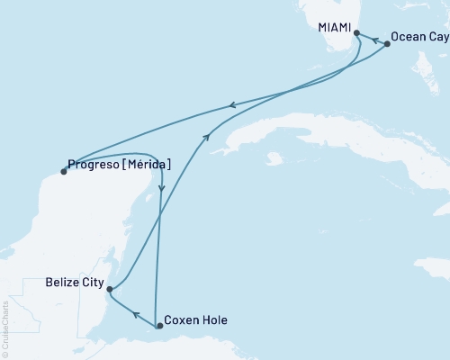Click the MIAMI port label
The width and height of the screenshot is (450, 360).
335,28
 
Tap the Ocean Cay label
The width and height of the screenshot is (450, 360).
417,43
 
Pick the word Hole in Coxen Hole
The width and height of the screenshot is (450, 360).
215,320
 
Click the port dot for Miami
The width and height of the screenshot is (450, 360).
357,33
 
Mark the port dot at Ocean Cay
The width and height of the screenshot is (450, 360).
387,43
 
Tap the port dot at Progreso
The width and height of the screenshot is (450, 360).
63,171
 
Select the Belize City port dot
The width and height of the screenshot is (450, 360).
109,289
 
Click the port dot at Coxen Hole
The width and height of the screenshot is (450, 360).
159,325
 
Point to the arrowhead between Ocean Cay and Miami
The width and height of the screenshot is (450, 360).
373,39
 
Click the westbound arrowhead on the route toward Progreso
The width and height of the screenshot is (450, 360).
233,105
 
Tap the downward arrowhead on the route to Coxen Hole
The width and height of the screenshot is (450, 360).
162,187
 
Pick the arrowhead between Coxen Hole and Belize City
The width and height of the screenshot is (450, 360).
134,314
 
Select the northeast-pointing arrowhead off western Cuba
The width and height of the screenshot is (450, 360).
208,136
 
